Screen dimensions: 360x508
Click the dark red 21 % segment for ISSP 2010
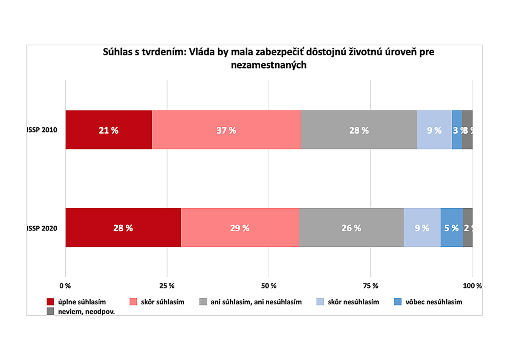(x=108, y=130)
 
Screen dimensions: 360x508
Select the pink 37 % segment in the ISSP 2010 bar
(x=226, y=130)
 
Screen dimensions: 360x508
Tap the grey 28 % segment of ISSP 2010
(x=359, y=130)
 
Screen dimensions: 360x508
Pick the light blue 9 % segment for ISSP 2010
(x=434, y=130)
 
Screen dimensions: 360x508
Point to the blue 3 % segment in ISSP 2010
(x=457, y=130)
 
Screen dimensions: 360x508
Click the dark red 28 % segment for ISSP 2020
(x=123, y=228)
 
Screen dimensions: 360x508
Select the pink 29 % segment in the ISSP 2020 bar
(x=240, y=228)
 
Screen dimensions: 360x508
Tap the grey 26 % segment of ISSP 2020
(x=351, y=228)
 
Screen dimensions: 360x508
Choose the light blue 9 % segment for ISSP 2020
(x=422, y=228)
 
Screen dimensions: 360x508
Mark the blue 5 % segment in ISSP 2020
(x=451, y=228)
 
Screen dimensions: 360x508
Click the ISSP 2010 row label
(x=41, y=130)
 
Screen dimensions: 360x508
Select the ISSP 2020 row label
(x=41, y=228)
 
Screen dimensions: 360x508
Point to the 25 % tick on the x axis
(x=167, y=286)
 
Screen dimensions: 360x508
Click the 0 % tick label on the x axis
(x=65, y=286)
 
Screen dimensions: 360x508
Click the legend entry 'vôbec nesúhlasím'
(x=433, y=302)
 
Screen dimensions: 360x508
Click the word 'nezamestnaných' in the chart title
(x=269, y=65)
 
